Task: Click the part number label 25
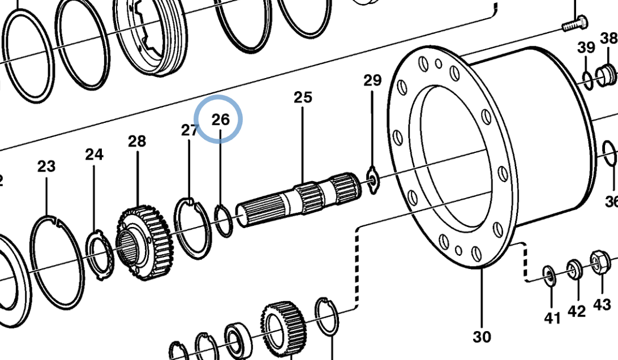(302, 97)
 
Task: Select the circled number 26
(220, 119)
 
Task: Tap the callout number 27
(190, 130)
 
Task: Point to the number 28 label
(137, 141)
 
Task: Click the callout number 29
(372, 80)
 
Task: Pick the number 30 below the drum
(482, 336)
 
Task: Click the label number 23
(46, 166)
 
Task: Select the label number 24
(95, 154)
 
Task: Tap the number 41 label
(552, 318)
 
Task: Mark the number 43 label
(602, 305)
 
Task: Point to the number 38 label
(608, 38)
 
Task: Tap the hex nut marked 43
(599, 262)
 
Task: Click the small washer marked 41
(550, 275)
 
